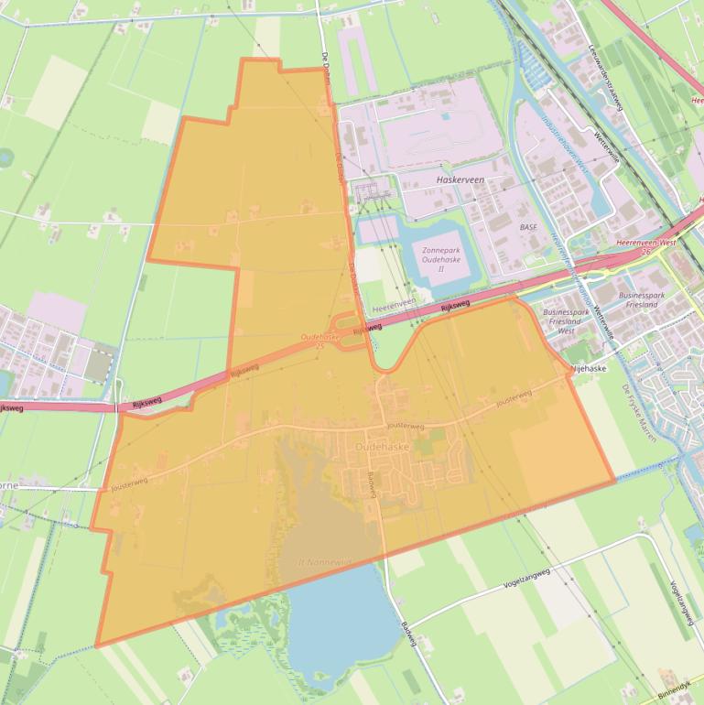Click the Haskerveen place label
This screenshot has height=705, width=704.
pyautogui.click(x=460, y=180)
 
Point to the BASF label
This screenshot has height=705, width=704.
pyautogui.click(x=528, y=225)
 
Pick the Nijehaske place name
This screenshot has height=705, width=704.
pyautogui.click(x=589, y=368)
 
